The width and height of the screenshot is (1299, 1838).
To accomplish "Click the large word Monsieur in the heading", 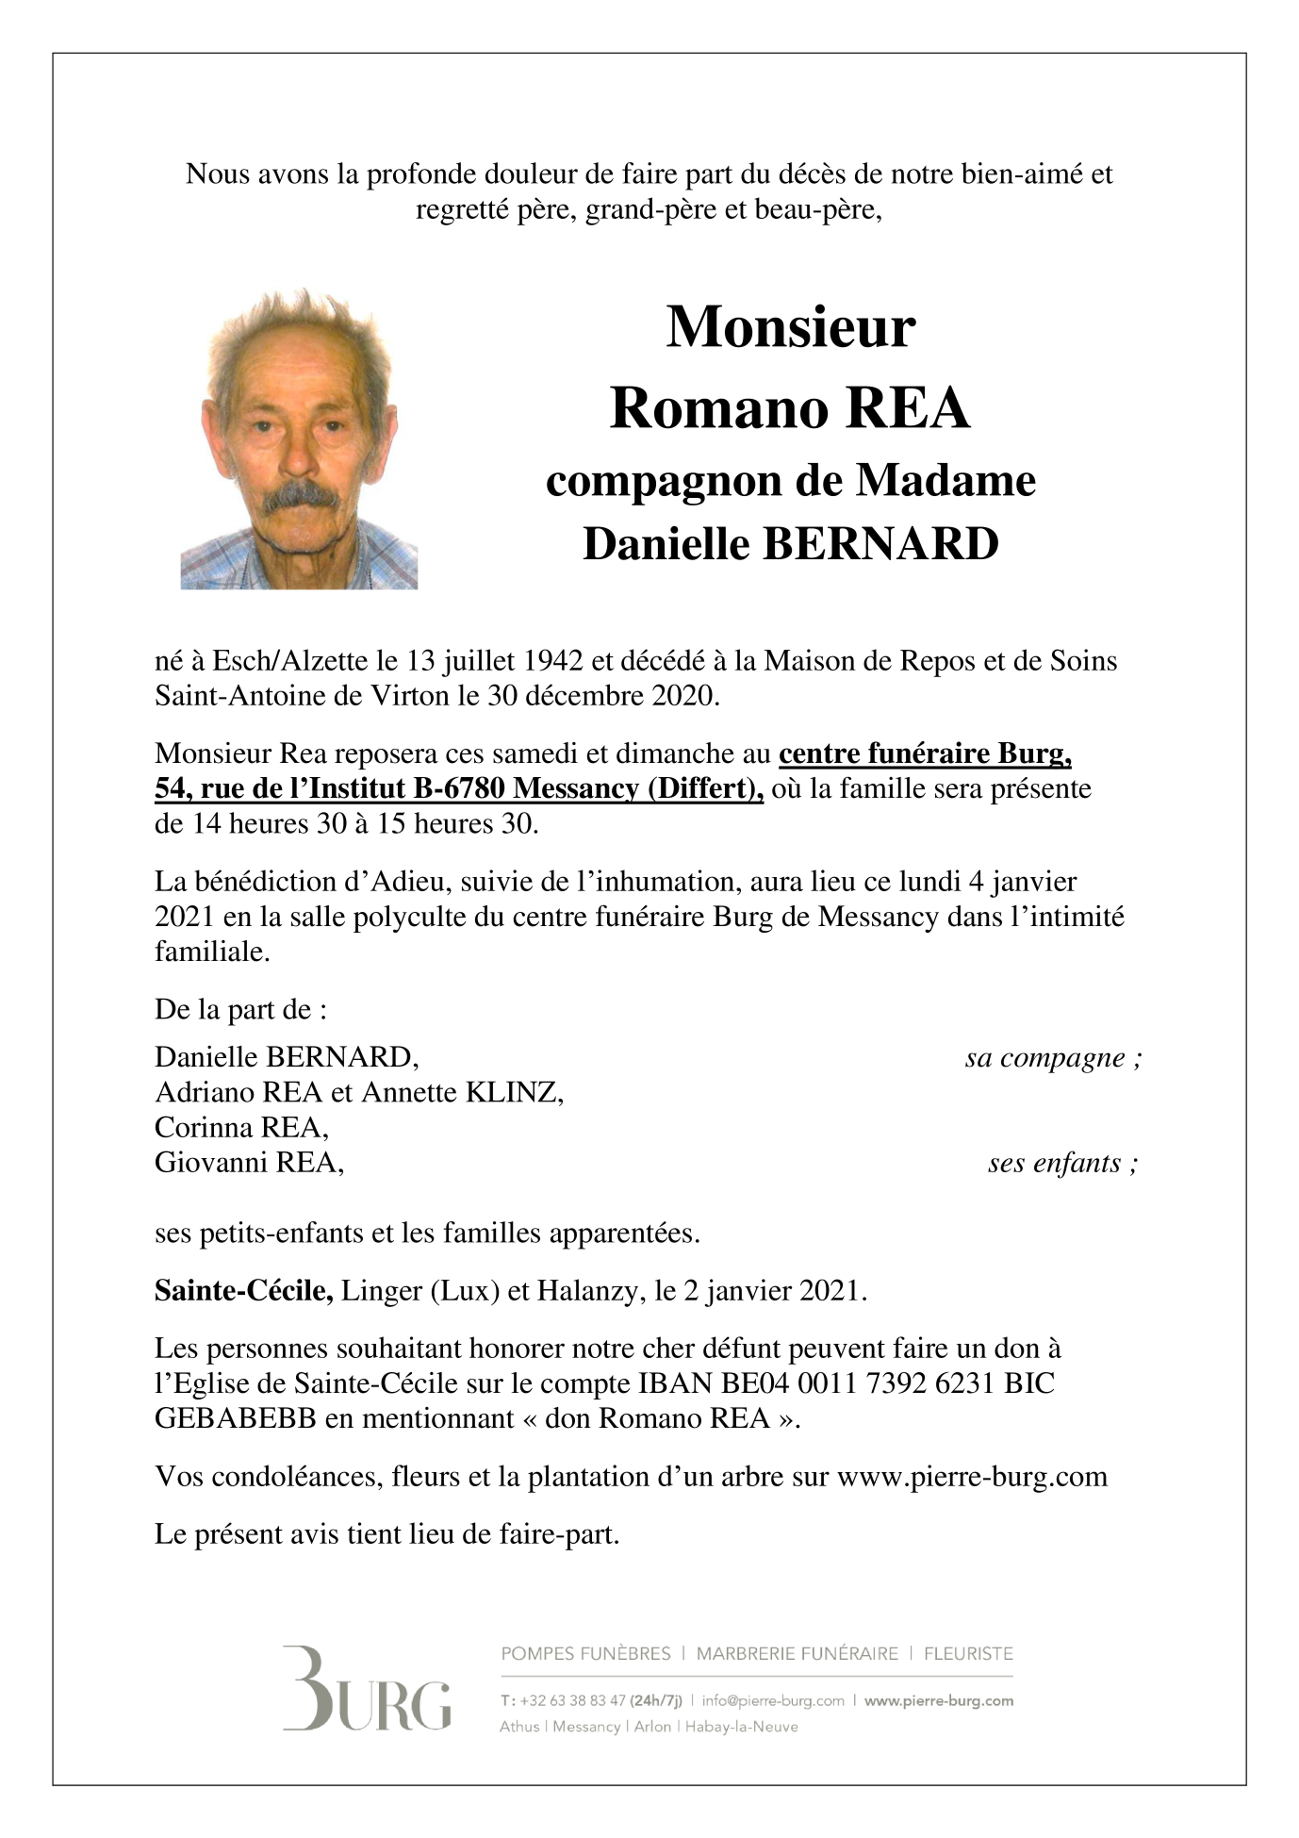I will (790, 328).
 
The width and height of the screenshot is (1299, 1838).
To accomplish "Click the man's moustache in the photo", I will (300, 497).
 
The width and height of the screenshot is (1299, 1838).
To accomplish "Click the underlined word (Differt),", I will (705, 788).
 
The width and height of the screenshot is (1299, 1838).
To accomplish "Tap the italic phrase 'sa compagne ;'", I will (1053, 1058).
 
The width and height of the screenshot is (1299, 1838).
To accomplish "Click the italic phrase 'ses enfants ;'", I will (1062, 1164).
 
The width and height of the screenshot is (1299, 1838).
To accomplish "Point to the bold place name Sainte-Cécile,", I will (243, 1290).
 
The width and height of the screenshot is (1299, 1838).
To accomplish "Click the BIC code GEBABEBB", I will (236, 1418).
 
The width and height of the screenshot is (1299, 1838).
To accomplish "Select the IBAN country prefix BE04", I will (756, 1383).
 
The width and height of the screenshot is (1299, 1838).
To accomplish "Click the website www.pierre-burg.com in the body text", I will (972, 1477).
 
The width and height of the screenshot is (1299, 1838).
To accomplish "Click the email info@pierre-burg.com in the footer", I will (773, 1701).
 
